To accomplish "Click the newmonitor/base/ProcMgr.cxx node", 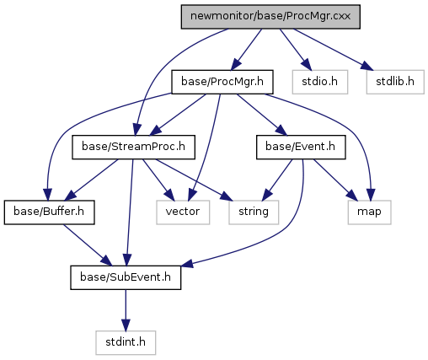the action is tap(270, 17).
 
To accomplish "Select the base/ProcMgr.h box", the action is tap(222, 82).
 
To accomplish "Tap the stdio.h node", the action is tap(320, 82).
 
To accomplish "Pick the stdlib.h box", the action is tap(395, 82).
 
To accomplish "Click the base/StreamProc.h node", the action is tap(133, 147).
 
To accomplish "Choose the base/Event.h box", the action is tap(301, 147).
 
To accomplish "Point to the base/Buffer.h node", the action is tap(49, 212).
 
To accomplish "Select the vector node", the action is tap(183, 212).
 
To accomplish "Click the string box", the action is tap(254, 212).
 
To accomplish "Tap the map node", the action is tap(369, 212).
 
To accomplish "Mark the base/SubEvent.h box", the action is tap(126, 277).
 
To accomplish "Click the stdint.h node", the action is tap(126, 342).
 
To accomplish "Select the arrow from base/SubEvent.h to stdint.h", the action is tap(126, 310).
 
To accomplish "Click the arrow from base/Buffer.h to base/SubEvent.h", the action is tap(88, 245).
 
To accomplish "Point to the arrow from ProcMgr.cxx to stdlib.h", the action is tap(334, 50).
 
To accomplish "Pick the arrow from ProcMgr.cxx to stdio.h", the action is tap(296, 50).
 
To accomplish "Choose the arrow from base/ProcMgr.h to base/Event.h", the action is tap(261, 115).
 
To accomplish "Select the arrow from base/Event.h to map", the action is tap(335, 180).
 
